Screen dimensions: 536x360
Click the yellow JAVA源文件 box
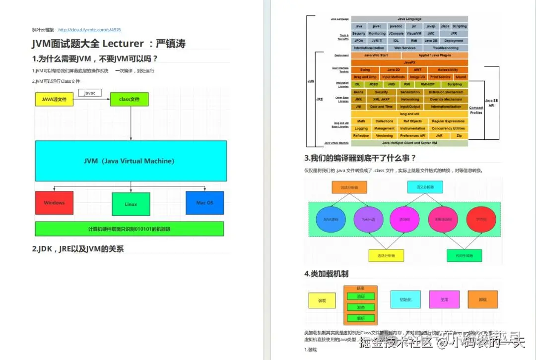[54, 99]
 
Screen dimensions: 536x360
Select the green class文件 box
[129, 99]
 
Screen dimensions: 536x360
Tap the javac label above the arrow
[90, 93]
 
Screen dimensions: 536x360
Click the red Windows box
[54, 202]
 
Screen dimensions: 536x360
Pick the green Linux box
[131, 204]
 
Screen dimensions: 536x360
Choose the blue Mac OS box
[204, 202]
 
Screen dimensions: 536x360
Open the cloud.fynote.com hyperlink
[89, 30]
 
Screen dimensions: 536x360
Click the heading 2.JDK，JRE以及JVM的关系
[78, 249]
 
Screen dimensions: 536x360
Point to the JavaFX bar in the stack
[409, 62]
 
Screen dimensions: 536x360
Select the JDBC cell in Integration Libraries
[373, 84]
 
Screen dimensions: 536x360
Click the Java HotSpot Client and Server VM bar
[409, 143]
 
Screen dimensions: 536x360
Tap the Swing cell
[365, 70]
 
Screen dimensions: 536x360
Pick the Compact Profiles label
[476, 110]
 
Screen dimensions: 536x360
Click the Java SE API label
[491, 103]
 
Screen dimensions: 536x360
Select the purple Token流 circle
[368, 219]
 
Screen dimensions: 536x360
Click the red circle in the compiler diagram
[405, 219]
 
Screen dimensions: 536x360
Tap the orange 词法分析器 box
[349, 187]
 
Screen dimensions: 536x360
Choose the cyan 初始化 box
[405, 300]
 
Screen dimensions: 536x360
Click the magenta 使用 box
[444, 300]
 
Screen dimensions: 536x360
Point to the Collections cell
[384, 121]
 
